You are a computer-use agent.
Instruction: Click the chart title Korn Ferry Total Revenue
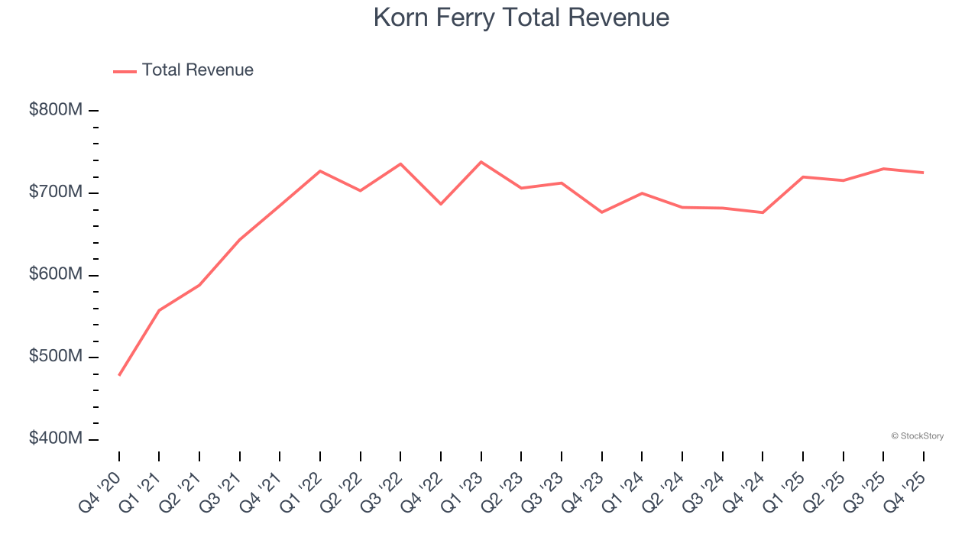click(x=521, y=18)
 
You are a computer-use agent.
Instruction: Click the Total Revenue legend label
click(x=197, y=70)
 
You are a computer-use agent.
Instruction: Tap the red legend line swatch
click(x=125, y=71)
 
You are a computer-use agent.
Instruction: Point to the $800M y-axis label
click(x=56, y=110)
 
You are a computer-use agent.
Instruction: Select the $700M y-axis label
click(x=56, y=192)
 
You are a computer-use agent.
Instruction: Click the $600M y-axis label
click(x=56, y=274)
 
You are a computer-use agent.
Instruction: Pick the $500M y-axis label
click(x=56, y=357)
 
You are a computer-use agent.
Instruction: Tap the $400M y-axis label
click(x=56, y=438)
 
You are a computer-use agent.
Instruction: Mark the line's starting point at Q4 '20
click(x=119, y=375)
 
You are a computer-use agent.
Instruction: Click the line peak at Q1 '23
click(x=481, y=162)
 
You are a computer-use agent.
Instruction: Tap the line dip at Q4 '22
click(x=441, y=204)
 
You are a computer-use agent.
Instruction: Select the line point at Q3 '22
click(x=400, y=163)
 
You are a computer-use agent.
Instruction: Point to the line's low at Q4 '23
click(x=602, y=212)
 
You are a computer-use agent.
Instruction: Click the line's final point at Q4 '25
click(x=923, y=173)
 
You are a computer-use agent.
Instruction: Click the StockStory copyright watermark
click(x=917, y=436)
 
